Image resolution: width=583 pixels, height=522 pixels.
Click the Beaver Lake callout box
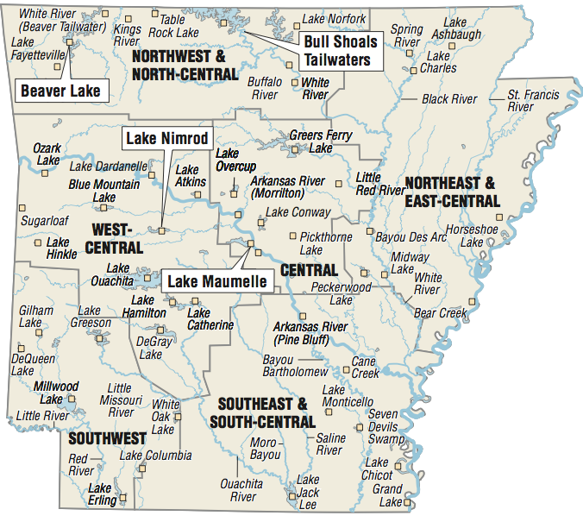pos(60,91)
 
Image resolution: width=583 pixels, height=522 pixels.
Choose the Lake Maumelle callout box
pos(216,281)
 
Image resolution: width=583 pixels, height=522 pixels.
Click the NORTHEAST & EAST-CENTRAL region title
pos(452,192)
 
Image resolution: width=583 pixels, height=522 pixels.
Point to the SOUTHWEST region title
pos(108,438)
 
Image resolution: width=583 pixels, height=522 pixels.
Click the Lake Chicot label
pos(376,469)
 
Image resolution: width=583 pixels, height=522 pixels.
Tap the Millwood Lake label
pos(55,393)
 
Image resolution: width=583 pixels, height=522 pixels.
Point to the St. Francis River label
pos(531,100)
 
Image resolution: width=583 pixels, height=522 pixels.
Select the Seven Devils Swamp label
pos(384,427)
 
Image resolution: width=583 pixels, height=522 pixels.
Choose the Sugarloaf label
pos(45,222)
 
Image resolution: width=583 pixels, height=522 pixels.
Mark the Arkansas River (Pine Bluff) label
pos(310,334)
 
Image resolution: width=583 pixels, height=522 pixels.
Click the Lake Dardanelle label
pos(109,166)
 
